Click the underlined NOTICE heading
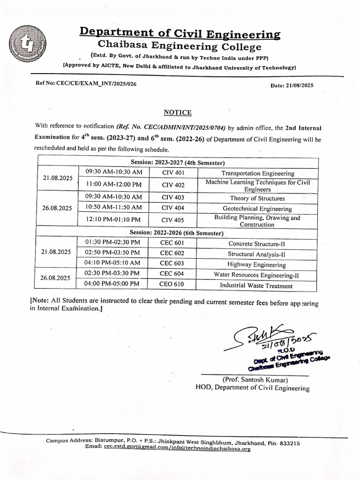177,112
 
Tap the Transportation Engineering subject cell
258,173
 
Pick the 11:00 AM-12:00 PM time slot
113,185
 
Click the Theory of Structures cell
257,198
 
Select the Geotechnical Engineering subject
257,209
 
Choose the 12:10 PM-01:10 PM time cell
113,219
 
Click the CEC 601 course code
172,243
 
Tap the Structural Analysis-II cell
256,254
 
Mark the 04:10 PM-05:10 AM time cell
112,263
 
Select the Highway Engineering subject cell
256,264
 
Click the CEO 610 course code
172,284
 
